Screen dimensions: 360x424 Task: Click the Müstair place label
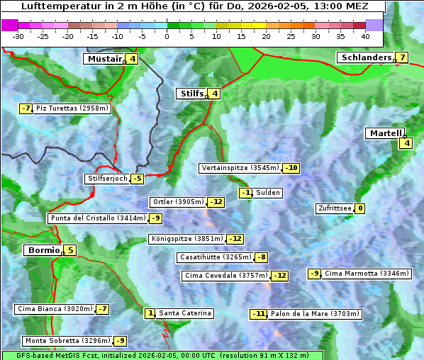tap(104, 59)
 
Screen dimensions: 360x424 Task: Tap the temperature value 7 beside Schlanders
tap(402, 57)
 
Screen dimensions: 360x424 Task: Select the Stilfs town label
tap(191, 94)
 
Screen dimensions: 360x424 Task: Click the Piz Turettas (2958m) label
tap(72, 108)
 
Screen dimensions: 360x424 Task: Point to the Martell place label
tap(385, 133)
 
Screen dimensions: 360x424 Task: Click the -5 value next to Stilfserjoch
tap(137, 179)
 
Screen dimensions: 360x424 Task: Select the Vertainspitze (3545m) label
tap(240, 168)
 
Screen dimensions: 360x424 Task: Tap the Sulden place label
tap(268, 193)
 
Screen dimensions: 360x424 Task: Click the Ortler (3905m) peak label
tap(178, 202)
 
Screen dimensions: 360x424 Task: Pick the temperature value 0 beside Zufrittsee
tap(360, 208)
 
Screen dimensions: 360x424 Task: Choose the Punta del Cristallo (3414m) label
tap(98, 218)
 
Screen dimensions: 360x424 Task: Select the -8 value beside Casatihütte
tap(262, 257)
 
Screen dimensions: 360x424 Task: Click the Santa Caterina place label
tap(184, 313)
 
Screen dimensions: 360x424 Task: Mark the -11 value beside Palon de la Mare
tap(259, 314)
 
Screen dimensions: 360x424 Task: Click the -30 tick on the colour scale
tap(18, 36)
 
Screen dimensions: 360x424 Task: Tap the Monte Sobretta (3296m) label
tap(67, 341)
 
